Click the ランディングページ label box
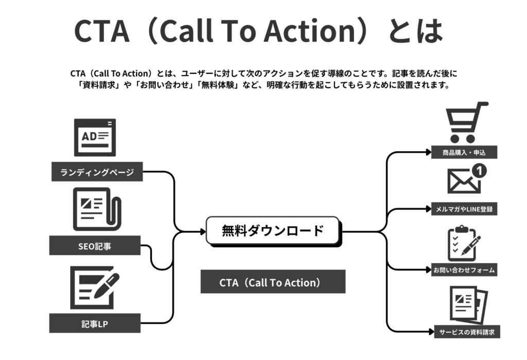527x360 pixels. (x=97, y=172)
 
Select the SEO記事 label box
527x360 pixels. (x=95, y=246)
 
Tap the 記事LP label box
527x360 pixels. (x=95, y=323)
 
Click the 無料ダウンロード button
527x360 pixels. (x=273, y=231)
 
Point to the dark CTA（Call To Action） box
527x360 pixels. (x=273, y=282)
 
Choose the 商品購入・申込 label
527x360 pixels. (x=464, y=152)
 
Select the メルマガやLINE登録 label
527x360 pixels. (x=464, y=209)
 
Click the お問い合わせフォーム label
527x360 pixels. (x=464, y=269)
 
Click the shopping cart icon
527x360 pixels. (x=465, y=122)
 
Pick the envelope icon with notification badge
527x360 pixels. (x=465, y=180)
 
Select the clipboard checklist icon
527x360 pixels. (x=463, y=244)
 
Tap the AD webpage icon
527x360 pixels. (x=95, y=137)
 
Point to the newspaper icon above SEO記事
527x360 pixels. (x=96, y=209)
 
